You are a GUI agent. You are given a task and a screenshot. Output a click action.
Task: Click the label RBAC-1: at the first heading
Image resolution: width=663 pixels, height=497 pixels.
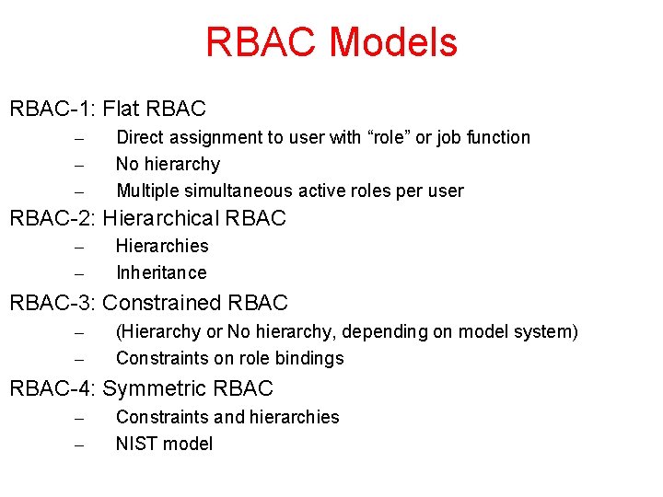(x=52, y=110)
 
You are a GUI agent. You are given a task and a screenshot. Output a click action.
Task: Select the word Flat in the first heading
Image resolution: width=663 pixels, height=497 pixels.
(x=122, y=110)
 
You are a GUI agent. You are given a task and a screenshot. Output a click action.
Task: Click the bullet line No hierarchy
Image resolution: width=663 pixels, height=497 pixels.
(x=168, y=165)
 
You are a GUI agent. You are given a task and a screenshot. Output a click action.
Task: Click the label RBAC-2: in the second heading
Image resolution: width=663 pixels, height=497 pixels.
(x=52, y=219)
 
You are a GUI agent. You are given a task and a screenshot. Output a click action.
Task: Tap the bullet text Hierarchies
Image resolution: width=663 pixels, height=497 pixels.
(x=162, y=247)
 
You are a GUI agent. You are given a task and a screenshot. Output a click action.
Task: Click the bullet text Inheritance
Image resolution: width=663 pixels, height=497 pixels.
(x=161, y=273)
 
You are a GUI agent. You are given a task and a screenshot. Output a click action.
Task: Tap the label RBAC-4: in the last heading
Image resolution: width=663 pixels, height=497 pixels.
(x=52, y=388)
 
